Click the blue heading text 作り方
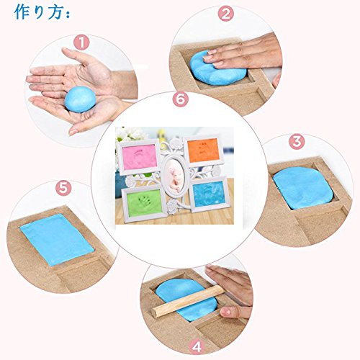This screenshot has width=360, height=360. pyautogui.click(x=39, y=12)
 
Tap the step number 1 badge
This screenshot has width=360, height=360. pyautogui.click(x=81, y=42)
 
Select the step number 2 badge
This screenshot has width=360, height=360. pyautogui.click(x=226, y=14)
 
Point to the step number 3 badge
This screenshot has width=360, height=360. pyautogui.click(x=297, y=142)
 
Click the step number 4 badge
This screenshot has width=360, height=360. pyautogui.click(x=197, y=346)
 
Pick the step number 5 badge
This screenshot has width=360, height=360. pyautogui.click(x=63, y=188)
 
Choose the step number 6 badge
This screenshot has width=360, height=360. pyautogui.click(x=181, y=99)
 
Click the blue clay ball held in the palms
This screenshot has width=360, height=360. pyautogui.click(x=80, y=99)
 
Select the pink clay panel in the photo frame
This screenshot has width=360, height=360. pyautogui.click(x=140, y=157)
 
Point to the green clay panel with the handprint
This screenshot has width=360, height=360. pyautogui.click(x=144, y=202)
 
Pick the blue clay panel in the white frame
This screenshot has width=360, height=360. pyautogui.click(x=209, y=194)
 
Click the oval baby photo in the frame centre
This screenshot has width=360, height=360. pyautogui.click(x=174, y=176)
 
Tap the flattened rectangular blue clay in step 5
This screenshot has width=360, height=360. pyautogui.click(x=57, y=240)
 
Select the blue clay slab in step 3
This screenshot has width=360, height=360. pyautogui.click(x=304, y=189)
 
